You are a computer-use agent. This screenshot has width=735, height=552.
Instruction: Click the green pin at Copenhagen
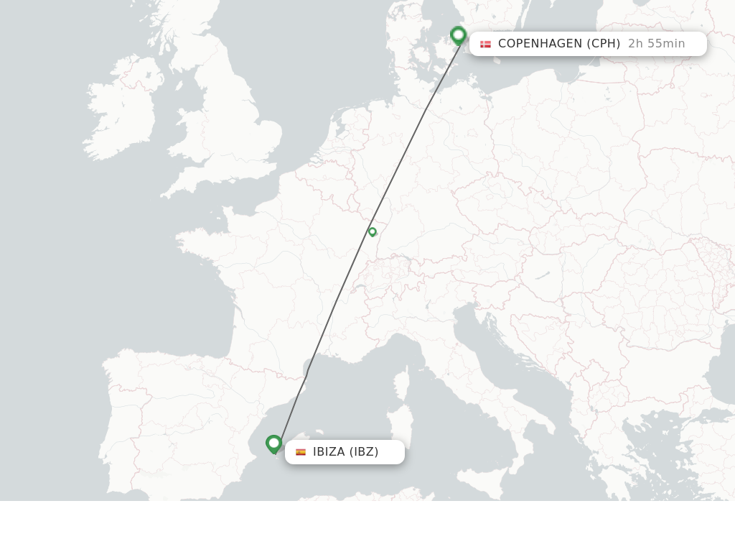coord(459,34)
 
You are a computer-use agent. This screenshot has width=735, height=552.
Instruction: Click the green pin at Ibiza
coord(273,443)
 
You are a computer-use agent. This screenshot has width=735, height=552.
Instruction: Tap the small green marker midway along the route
coord(373,231)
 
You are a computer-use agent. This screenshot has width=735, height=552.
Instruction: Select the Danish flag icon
coord(486,44)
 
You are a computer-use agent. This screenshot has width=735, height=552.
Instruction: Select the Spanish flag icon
coord(301,452)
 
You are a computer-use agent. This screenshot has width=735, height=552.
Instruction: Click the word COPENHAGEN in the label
coord(540,44)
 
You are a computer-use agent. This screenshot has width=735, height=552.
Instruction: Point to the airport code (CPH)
coord(604,44)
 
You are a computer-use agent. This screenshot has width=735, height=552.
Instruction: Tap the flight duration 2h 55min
coord(657,44)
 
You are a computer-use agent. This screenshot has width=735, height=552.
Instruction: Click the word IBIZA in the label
coord(329,452)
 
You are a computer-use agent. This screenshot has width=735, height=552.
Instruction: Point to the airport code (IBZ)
coord(364,452)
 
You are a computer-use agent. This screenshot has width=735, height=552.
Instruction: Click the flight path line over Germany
coord(416,129)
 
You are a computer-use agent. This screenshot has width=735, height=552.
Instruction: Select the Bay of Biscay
coord(179,302)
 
